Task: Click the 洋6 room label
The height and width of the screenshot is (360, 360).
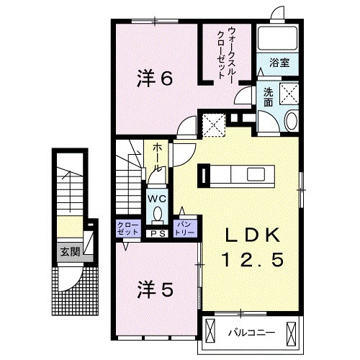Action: [155, 79]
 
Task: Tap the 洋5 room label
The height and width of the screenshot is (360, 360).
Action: [154, 290]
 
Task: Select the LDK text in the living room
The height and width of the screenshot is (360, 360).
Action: [248, 235]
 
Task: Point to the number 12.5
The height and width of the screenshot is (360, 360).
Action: [248, 258]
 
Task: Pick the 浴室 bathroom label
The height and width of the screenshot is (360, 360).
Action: [279, 63]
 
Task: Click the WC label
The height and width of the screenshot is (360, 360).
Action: [158, 198]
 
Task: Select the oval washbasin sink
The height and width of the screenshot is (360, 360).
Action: [291, 121]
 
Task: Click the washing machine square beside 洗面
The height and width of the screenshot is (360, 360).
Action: [288, 94]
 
